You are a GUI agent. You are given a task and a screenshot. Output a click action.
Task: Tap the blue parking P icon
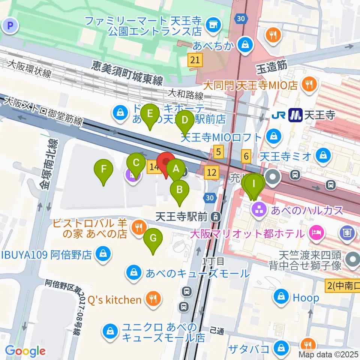[10, 26]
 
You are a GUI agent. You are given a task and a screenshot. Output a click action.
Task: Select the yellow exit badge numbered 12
[211, 172]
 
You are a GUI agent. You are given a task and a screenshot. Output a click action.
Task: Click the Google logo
[25, 351]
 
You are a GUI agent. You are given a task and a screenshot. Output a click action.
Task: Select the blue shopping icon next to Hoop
[281, 297]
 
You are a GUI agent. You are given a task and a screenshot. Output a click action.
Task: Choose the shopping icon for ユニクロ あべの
[110, 331]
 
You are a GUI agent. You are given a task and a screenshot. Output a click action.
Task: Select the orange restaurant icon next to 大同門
[309, 84]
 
